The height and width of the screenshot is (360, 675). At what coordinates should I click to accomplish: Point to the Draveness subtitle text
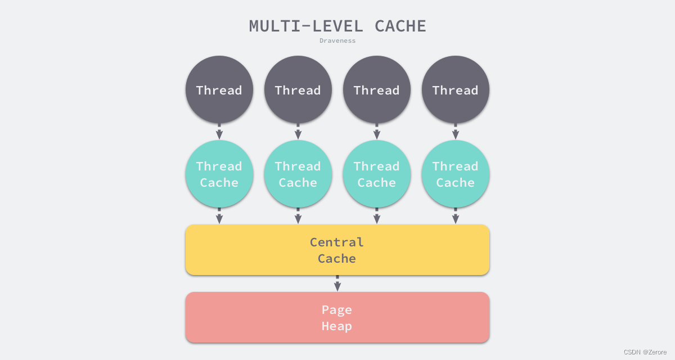pos(337,40)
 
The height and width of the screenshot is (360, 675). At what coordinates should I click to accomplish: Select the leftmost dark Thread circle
pos(219,90)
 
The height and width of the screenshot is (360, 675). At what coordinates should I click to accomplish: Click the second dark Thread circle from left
pos(298,90)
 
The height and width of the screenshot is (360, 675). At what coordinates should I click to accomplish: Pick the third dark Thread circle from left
pos(377,90)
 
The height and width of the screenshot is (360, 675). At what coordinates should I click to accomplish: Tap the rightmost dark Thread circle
pos(456,90)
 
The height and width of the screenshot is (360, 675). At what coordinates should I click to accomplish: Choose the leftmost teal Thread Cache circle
pos(219,174)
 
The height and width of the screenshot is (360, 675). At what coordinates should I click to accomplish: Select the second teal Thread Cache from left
pos(298,174)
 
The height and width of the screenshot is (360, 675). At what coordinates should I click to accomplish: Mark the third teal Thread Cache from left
pos(377,174)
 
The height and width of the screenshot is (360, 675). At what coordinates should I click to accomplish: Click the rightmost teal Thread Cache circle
pos(456,174)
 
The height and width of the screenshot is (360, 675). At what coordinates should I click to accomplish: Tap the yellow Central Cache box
pos(337,250)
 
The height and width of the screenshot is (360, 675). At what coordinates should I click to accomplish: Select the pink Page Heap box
pos(337,318)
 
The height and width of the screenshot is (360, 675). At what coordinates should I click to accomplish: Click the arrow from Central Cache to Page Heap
pos(337,283)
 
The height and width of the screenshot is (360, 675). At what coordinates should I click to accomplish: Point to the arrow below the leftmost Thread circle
pos(219,132)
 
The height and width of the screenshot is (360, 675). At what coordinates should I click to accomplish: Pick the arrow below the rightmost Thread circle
pos(456,132)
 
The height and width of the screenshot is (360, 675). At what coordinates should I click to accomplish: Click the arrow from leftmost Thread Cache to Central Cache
pos(219,217)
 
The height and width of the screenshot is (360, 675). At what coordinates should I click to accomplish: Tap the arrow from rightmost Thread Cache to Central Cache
pos(456,217)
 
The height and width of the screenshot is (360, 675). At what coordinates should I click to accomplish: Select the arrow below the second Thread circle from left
pos(298,132)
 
